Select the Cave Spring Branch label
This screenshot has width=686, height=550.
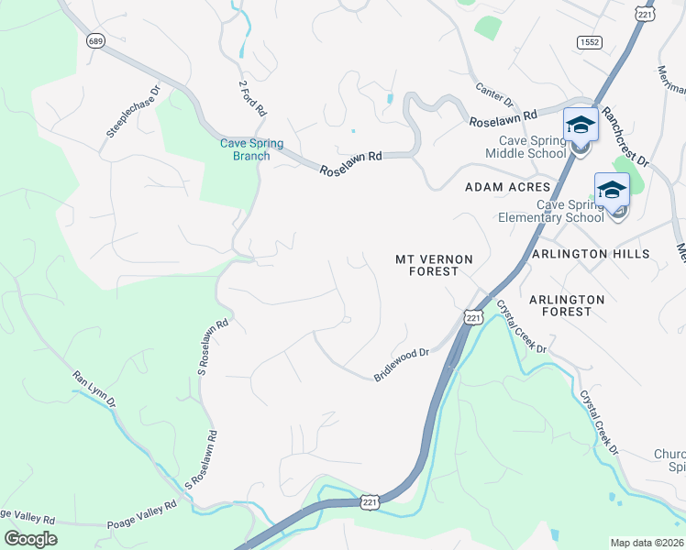(251, 149)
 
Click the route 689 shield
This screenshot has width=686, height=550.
(95, 40)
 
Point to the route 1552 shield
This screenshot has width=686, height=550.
(589, 42)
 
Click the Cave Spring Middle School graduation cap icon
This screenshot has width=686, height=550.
(580, 124)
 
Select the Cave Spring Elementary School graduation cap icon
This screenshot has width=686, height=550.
(612, 190)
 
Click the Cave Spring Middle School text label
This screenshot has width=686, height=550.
(532, 147)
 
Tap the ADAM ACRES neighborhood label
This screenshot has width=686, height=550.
(507, 187)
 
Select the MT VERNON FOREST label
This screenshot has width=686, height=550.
(434, 266)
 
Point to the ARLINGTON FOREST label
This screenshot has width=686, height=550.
(567, 305)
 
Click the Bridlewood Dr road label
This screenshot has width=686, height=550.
(402, 365)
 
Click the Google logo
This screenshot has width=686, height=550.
(30, 539)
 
